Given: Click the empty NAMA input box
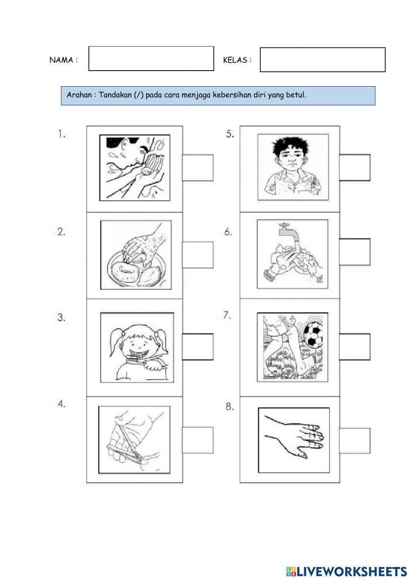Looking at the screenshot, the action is click(x=151, y=59).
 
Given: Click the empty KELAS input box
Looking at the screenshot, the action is click(x=323, y=60).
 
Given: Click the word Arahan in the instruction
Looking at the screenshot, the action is click(x=79, y=95).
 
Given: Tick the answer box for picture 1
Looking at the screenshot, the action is click(x=198, y=168).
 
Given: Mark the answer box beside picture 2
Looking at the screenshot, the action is click(x=198, y=255).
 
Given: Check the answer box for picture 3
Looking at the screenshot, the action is click(x=198, y=347).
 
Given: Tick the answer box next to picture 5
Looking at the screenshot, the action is click(x=355, y=167).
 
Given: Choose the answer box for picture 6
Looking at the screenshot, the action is click(x=355, y=252).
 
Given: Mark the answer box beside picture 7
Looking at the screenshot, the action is click(x=355, y=347).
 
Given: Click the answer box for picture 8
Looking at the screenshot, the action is click(x=355, y=441).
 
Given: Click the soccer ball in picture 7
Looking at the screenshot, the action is click(x=313, y=335).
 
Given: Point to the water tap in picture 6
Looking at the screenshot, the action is click(x=289, y=235).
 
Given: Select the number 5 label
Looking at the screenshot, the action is click(x=230, y=134).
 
